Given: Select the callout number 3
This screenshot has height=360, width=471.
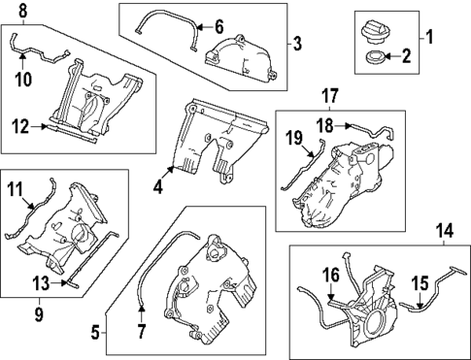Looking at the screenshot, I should point(298,43).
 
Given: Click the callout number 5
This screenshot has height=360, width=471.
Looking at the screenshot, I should point(95,332).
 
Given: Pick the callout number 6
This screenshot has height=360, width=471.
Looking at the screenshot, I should point(219,26).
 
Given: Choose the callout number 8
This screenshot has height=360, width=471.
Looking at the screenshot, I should point(23,10).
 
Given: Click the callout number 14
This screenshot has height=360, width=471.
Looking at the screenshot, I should point(445,231).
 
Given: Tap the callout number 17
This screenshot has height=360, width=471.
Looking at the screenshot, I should point(329,95).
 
